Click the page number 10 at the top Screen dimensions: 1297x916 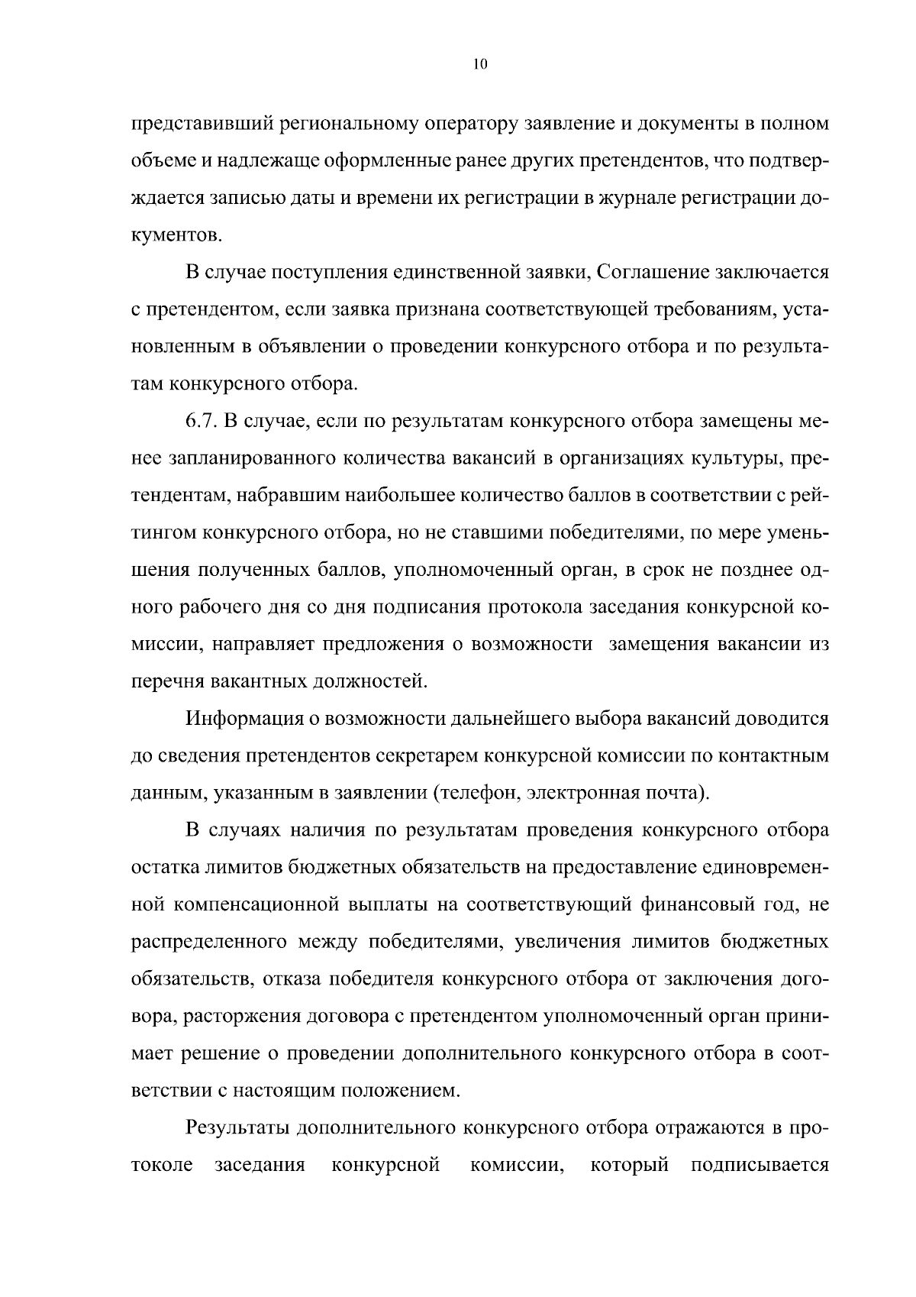tap(479, 65)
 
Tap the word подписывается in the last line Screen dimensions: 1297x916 tap(759, 1165)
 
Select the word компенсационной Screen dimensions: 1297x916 tap(256, 905)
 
